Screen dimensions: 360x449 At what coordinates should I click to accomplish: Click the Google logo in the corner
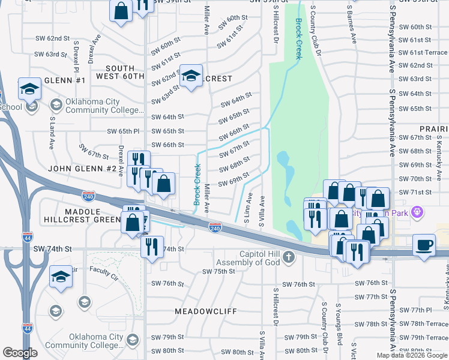pyautogui.click(x=20, y=353)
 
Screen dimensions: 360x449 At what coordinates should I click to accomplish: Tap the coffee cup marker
pyautogui.click(x=424, y=245)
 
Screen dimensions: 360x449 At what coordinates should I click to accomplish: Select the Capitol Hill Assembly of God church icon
pyautogui.click(x=289, y=257)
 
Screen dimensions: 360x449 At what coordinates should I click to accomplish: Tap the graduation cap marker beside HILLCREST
pyautogui.click(x=191, y=76)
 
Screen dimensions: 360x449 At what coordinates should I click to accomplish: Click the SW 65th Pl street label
pyautogui.click(x=123, y=131)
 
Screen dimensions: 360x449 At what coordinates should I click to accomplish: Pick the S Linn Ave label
pyautogui.click(x=247, y=208)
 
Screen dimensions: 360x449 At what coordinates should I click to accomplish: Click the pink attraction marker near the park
pyautogui.click(x=418, y=212)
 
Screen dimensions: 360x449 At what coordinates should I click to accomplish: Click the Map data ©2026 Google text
pyautogui.click(x=411, y=355)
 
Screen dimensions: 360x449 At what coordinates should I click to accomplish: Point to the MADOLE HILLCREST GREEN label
pyautogui.click(x=82, y=215)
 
